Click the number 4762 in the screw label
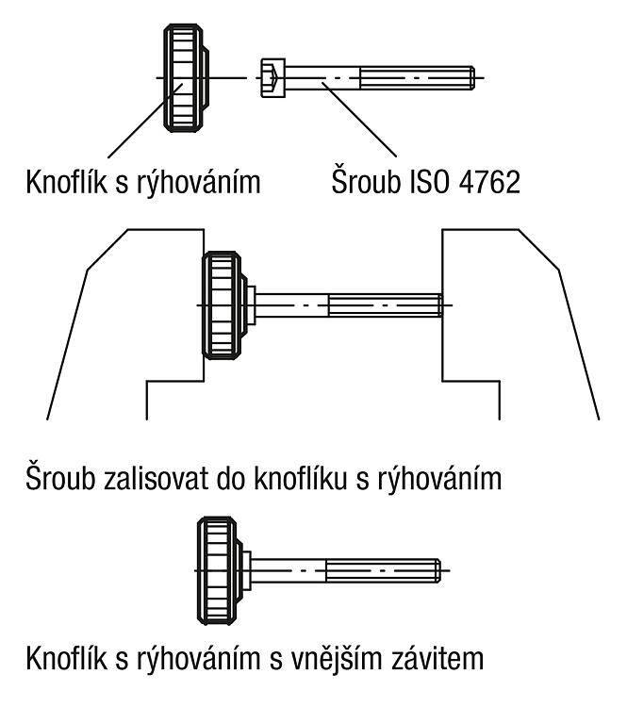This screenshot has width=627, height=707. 489,182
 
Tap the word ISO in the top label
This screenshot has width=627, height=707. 429,182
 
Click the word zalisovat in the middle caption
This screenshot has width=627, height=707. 155,478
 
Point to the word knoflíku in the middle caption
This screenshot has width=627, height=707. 301,478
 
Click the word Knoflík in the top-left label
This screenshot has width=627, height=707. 67,182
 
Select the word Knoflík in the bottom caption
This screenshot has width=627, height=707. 67,658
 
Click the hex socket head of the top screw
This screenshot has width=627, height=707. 272,77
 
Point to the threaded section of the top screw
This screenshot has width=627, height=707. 418,77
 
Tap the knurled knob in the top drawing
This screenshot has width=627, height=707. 186,77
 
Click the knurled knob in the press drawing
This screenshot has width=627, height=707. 224,305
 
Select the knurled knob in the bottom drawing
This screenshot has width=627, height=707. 220,571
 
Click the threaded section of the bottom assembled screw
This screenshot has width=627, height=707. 383,571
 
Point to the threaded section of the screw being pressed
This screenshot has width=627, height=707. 386,305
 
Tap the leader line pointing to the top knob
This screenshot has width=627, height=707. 145,121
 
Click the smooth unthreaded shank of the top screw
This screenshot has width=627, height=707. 322,77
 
